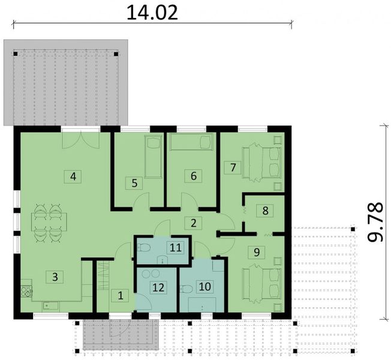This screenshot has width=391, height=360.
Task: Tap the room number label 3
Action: pos(55,277)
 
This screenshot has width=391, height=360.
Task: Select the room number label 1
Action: pos(120,295)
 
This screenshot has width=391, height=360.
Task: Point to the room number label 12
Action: pos(158,288)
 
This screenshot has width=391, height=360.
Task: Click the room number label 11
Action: pos(175,247)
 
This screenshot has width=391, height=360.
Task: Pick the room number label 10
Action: pos(204,287)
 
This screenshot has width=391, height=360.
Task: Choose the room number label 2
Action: pos(193,223)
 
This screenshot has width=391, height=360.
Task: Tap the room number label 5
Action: pos(134,184)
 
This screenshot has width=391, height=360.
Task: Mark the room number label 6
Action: pos(193,176)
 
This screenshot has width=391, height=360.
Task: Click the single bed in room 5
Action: pos(154,157)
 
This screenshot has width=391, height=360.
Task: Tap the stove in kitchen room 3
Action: pos(27,292)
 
